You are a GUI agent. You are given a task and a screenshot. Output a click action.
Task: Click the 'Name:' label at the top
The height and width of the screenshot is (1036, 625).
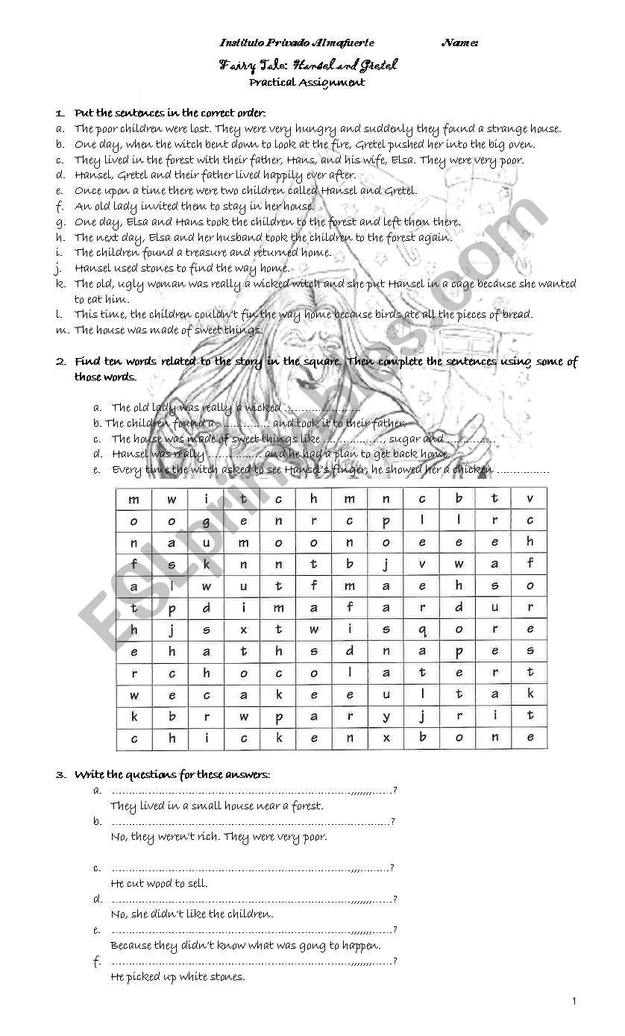[459, 43]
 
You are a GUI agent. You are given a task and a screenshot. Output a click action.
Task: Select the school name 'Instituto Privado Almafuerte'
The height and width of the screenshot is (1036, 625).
[297, 43]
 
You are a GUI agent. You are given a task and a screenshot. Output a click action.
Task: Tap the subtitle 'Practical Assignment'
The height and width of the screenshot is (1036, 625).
[307, 83]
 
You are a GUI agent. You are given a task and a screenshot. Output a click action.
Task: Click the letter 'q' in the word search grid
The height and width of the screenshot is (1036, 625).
[422, 630]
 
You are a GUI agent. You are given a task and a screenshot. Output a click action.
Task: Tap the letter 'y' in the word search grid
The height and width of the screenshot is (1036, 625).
[386, 716]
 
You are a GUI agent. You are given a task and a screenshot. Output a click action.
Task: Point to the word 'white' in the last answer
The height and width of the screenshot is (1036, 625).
[196, 976]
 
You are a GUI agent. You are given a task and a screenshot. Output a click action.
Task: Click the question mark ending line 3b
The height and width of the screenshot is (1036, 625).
[393, 822]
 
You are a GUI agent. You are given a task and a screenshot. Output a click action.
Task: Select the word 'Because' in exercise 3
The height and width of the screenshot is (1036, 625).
[131, 945]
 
